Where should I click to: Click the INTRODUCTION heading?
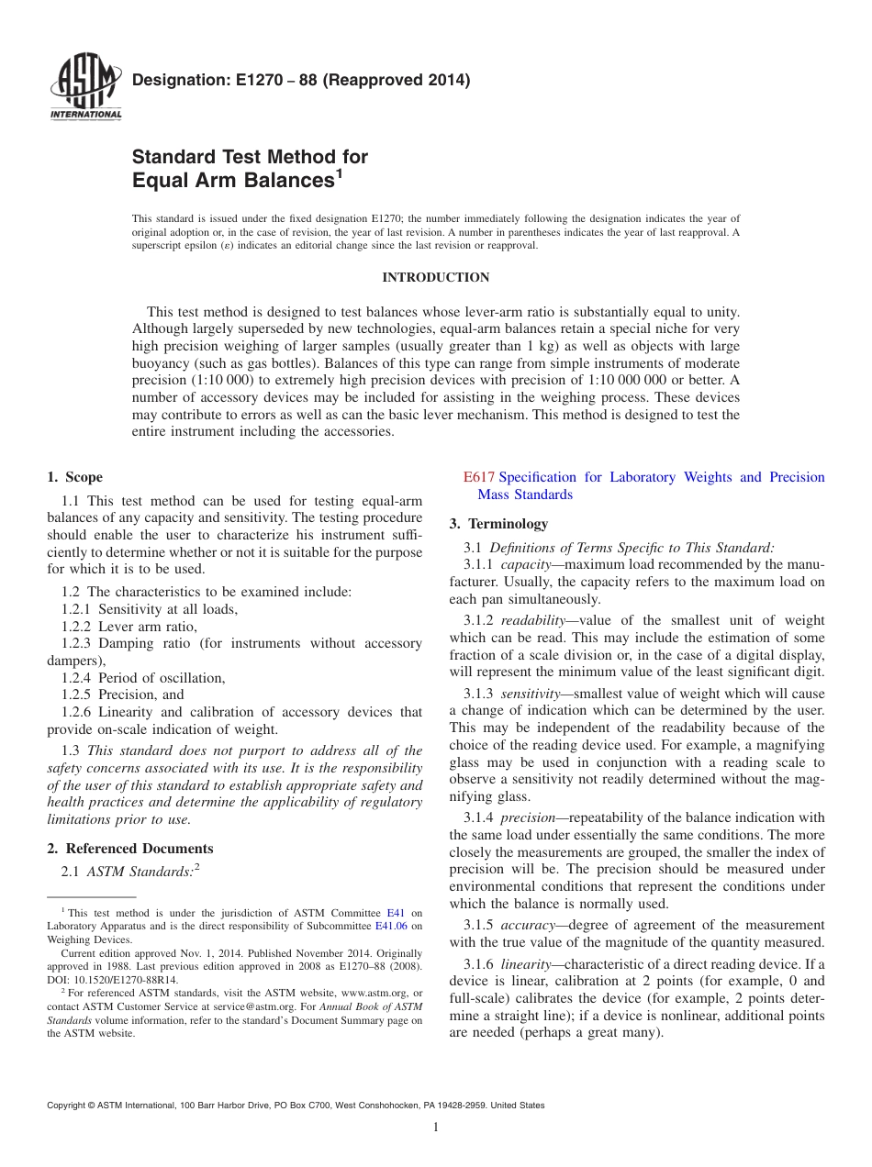tap(435, 277)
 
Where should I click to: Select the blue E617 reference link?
tap(478, 477)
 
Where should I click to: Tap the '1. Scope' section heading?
tap(74, 477)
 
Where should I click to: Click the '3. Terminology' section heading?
tap(498, 524)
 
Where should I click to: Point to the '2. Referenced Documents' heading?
tap(129, 849)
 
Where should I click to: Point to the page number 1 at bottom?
tap(435, 1128)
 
